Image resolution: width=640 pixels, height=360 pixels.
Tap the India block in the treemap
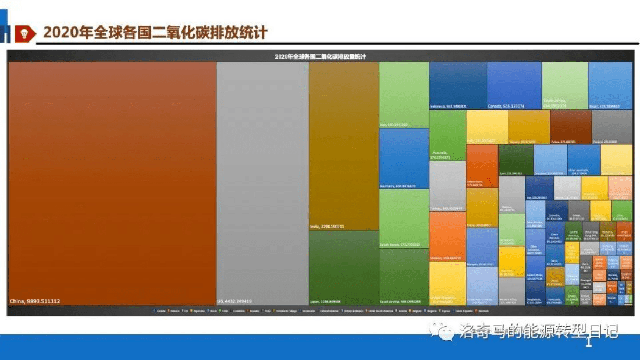[x=343, y=145]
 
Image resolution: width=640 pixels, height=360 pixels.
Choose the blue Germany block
[x=403, y=158]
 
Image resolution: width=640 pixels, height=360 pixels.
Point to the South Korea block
[x=403, y=218]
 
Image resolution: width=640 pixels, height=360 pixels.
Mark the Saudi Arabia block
[x=403, y=276]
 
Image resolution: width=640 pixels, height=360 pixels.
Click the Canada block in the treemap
[x=514, y=85]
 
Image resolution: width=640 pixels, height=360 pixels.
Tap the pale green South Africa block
[x=564, y=85]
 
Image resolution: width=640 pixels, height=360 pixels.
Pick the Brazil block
[x=610, y=85]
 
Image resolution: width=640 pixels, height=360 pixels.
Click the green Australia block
[x=447, y=135]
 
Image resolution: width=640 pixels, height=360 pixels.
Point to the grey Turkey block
[x=447, y=185]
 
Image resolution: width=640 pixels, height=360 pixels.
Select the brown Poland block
[x=570, y=126]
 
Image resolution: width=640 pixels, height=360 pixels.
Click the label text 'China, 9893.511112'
[x=35, y=301]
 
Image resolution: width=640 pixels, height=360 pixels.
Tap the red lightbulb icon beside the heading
[x=24, y=33]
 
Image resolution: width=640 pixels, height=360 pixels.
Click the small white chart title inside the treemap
[x=320, y=57]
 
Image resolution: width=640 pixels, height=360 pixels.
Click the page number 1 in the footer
[x=588, y=342]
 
